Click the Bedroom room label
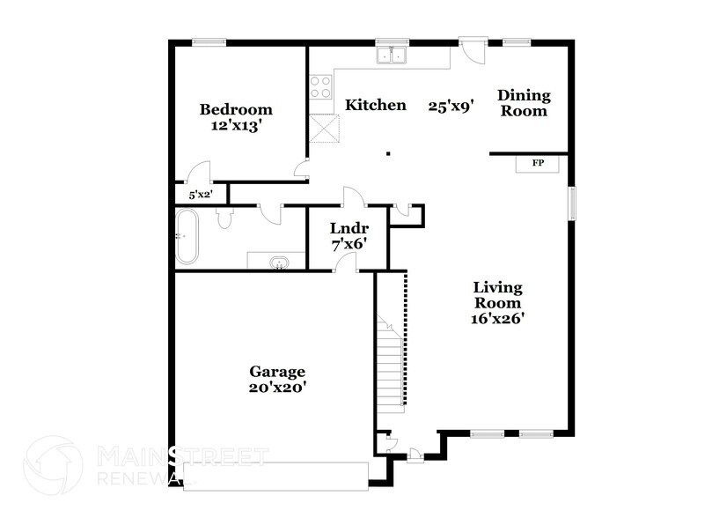coord(236,110)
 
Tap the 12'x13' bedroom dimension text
coord(236,125)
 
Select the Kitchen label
coord(375,106)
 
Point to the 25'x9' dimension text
coord(451,106)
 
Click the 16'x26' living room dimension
coord(497,319)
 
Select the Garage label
coord(276,371)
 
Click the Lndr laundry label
coord(348,226)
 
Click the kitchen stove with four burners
coord(321,87)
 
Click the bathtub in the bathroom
coord(187,236)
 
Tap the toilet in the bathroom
coord(224,218)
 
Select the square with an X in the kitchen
coord(326,129)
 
